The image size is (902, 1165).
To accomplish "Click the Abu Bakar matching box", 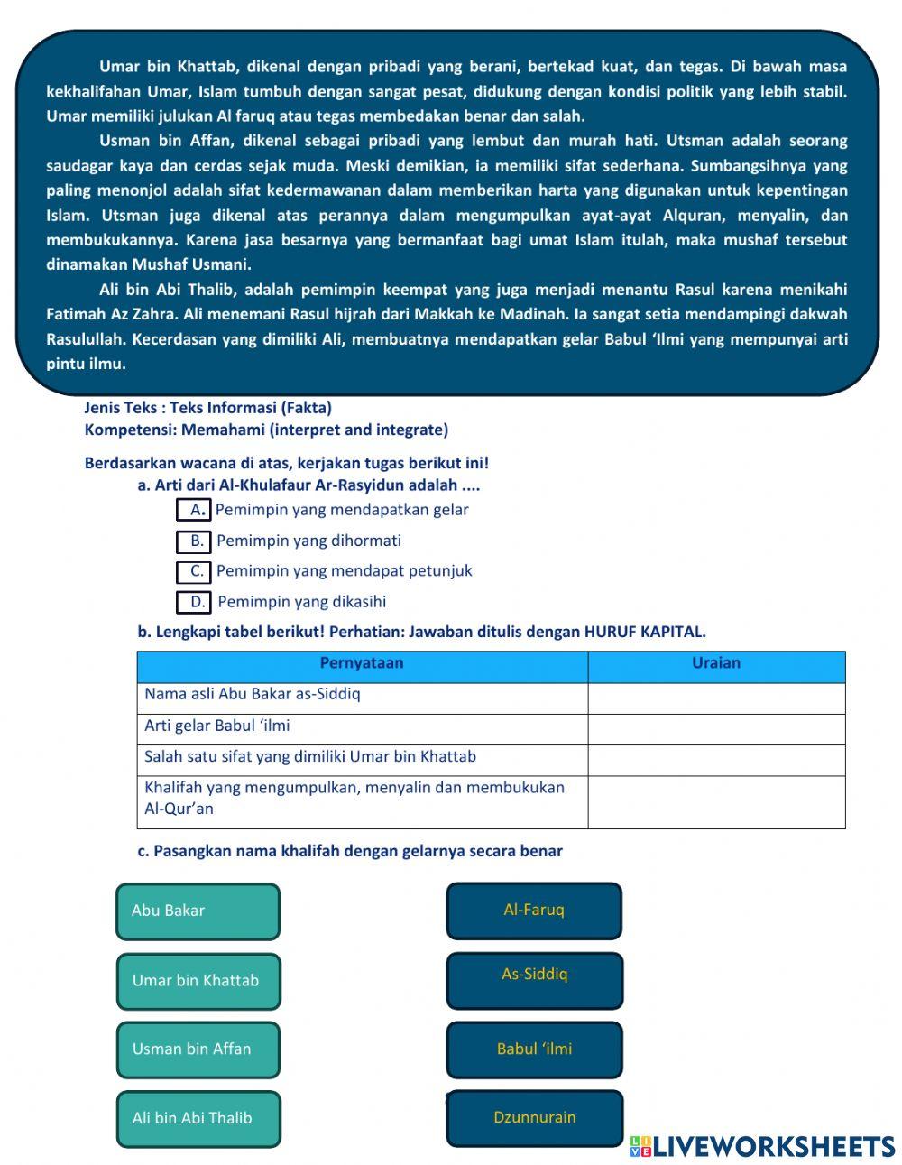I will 198,911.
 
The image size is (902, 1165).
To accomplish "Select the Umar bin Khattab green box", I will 198,981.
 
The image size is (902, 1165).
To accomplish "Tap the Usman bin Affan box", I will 198,1049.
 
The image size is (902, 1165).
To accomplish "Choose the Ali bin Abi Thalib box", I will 198,1118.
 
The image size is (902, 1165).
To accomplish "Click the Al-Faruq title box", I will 534,911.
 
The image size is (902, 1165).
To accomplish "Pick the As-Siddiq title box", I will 534,980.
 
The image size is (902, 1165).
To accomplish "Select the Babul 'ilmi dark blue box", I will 534,1049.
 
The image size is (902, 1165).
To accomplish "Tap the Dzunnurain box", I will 534,1118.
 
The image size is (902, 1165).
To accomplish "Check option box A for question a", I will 194,510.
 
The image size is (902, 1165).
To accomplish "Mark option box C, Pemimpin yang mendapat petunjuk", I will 194,571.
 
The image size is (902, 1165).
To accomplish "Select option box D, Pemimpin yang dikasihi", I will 194,602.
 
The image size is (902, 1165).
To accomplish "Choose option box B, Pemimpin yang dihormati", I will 194,541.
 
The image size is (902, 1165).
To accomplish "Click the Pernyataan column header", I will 362,664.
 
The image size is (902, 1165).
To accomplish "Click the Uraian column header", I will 716,664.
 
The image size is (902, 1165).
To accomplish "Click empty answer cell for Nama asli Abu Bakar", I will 716,698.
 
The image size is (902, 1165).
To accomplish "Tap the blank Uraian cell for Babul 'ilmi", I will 716,728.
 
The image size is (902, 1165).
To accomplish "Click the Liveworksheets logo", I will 762,1146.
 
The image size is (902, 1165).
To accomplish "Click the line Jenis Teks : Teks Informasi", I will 208,408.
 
